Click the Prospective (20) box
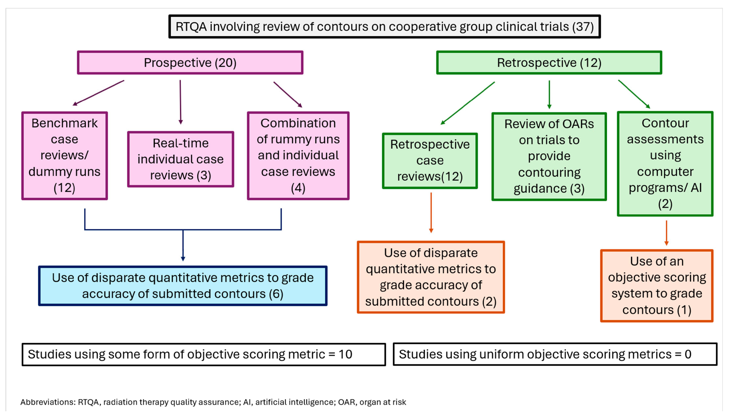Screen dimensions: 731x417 [x=190, y=62]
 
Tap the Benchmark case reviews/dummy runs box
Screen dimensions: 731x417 [x=64, y=156]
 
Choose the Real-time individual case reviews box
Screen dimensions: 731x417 [x=180, y=159]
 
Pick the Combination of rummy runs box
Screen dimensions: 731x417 [x=298, y=156]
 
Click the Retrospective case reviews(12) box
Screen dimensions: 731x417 [x=430, y=160]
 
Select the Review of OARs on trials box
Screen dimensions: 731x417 [x=549, y=156]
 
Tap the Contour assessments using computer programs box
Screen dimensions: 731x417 [x=665, y=164]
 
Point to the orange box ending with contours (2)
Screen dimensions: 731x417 [x=431, y=277]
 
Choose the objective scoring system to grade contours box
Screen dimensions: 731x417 [x=657, y=285]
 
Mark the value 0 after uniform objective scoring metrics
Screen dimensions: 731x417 [x=688, y=354]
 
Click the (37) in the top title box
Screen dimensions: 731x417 [x=583, y=27]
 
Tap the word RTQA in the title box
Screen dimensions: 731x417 [x=191, y=27]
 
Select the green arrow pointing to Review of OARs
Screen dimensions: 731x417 [x=549, y=95]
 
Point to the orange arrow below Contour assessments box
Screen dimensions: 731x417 [x=666, y=233]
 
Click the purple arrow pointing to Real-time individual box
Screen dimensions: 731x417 [x=180, y=102]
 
